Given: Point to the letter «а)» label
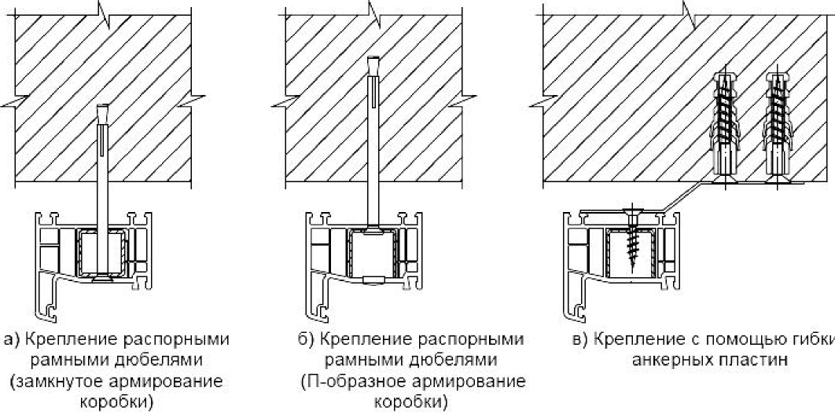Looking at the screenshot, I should (13, 340).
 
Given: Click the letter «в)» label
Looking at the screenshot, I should (582, 340).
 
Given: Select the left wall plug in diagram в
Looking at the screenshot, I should (724, 126).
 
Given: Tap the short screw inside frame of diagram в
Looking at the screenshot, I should (632, 240).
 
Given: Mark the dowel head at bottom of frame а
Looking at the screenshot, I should (102, 277).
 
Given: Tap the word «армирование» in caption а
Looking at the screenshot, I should (166, 381).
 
